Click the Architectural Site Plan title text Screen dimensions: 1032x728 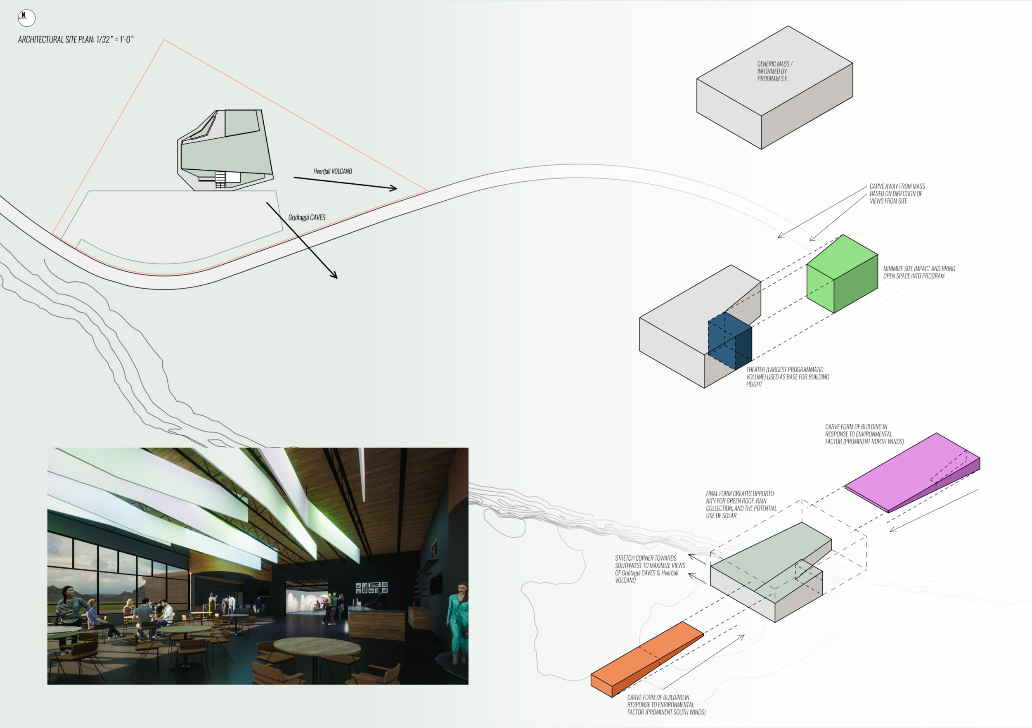pyautogui.click(x=76, y=40)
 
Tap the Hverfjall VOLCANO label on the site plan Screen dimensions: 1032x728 pyautogui.click(x=333, y=171)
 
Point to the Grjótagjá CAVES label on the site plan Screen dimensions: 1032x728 pyautogui.click(x=307, y=217)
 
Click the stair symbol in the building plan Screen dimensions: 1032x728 pyautogui.click(x=220, y=179)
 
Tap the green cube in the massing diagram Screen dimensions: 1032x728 pyautogui.click(x=842, y=274)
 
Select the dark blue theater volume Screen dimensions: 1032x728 pyautogui.click(x=730, y=341)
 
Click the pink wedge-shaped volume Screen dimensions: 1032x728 pyautogui.click(x=912, y=472)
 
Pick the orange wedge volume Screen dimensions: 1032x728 pyautogui.click(x=647, y=659)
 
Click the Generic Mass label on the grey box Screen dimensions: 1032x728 pyautogui.click(x=774, y=71)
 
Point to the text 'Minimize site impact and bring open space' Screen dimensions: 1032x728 pyautogui.click(x=919, y=273)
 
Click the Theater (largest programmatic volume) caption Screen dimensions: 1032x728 pyautogui.click(x=788, y=377)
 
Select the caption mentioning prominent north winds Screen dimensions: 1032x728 pyautogui.click(x=864, y=434)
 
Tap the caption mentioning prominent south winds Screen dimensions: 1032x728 pyautogui.click(x=666, y=704)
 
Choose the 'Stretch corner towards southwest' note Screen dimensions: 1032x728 pyautogui.click(x=650, y=569)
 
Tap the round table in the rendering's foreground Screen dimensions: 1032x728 pyautogui.click(x=317, y=648)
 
